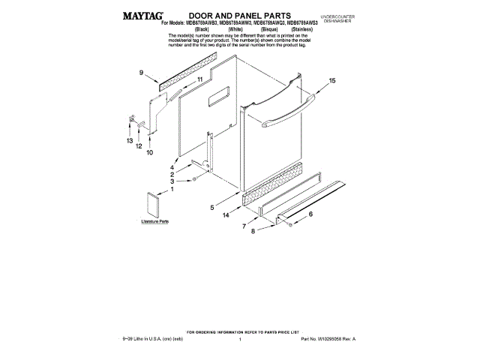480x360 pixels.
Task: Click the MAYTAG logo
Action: coord(144,15)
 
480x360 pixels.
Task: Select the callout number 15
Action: coord(331,81)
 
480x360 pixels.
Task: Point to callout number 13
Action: coord(129,141)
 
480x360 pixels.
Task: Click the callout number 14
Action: coord(226,216)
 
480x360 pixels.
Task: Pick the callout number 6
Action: coord(310,214)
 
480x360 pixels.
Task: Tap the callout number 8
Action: coord(252,232)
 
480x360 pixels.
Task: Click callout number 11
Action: coord(199,79)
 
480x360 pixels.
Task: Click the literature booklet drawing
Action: coord(157,202)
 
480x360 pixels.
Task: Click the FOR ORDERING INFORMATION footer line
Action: coord(241,331)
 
